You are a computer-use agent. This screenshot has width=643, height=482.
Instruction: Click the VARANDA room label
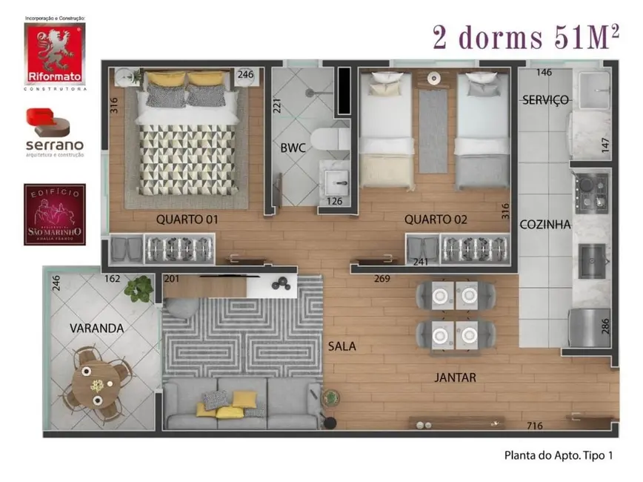coord(96,328)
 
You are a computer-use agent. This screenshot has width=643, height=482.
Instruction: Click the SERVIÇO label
coord(545,99)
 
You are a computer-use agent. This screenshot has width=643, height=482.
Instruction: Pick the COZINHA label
coord(544,224)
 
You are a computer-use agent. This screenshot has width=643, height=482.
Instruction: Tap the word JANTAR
coord(455,377)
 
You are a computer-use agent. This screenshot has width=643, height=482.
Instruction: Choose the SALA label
coord(343,346)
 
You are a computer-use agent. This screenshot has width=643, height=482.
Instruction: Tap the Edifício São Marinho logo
coord(55,215)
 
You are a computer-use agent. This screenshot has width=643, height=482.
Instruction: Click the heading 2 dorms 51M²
coord(526,37)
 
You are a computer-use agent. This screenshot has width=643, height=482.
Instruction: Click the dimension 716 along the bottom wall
coord(534,426)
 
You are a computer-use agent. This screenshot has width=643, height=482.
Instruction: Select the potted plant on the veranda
coord(139,288)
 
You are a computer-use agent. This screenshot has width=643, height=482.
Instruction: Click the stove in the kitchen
coord(590,191)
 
